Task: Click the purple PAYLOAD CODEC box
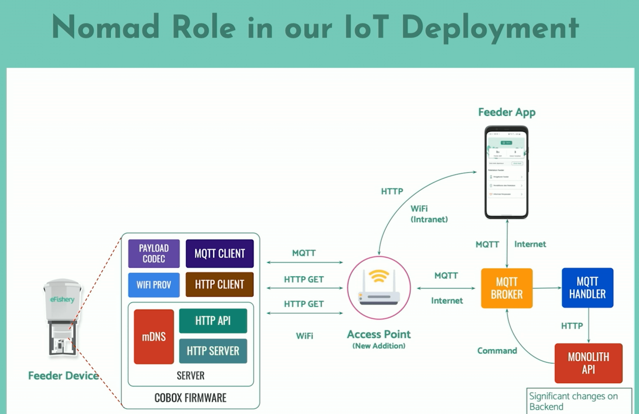point(154,253)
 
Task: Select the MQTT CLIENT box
point(220,253)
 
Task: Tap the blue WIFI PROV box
point(154,285)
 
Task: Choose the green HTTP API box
point(213,321)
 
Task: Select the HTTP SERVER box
point(213,351)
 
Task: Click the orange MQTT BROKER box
point(507,288)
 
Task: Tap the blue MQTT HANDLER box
point(588,288)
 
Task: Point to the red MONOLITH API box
point(589,363)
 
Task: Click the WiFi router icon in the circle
point(379,288)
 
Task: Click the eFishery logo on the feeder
point(62,299)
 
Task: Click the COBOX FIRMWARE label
point(190,398)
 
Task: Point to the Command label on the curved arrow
point(497,351)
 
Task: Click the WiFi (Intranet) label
point(429,214)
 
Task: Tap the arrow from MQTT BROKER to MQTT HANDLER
point(547,288)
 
